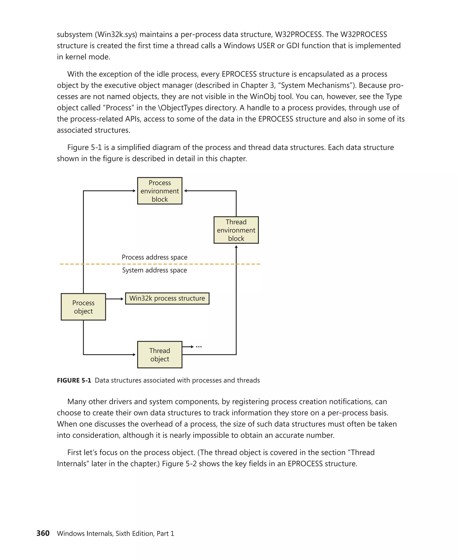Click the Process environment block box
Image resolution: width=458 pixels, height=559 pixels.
click(x=160, y=191)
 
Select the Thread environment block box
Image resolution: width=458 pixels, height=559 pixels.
click(x=236, y=230)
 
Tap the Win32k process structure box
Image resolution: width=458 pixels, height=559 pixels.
click(x=167, y=298)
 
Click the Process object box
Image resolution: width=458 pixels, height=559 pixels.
click(x=83, y=307)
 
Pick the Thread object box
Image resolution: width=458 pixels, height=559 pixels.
click(x=160, y=355)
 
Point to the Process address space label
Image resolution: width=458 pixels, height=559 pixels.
click(x=155, y=257)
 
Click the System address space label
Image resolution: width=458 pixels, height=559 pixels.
click(x=155, y=270)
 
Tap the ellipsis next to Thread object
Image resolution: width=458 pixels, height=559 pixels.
click(x=199, y=347)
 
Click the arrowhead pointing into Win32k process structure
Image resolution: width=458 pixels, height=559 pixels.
click(x=122, y=299)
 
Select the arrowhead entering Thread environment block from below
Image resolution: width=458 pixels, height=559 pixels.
click(x=236, y=247)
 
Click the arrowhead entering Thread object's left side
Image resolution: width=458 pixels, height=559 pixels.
click(x=134, y=355)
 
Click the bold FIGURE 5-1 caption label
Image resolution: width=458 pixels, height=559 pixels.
click(x=74, y=380)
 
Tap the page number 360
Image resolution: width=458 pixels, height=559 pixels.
click(x=43, y=533)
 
